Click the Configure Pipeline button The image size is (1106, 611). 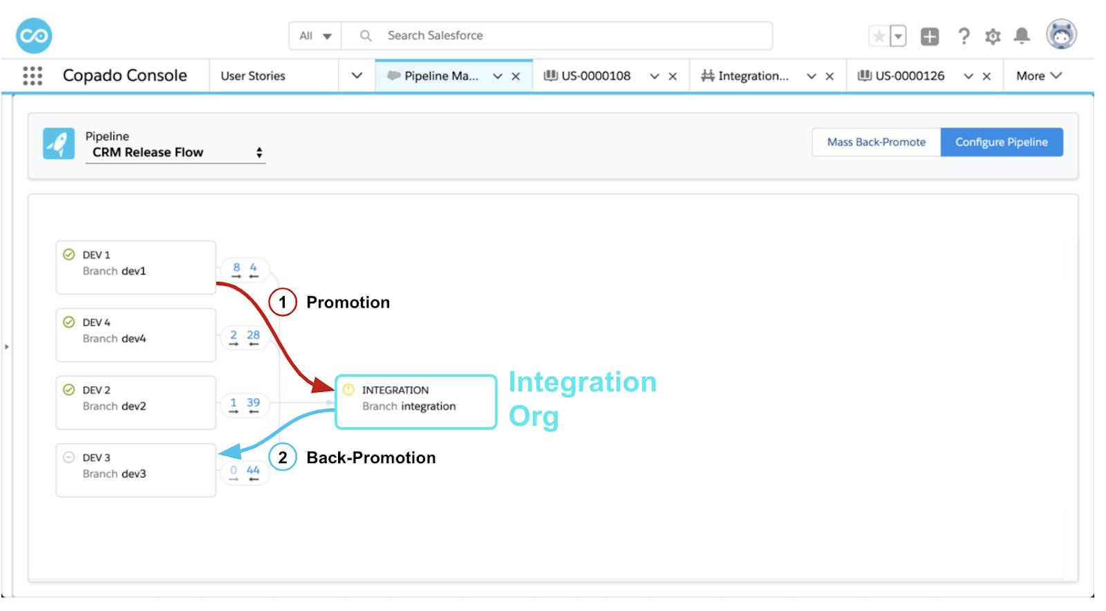pos(1001,142)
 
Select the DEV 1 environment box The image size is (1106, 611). pos(135,267)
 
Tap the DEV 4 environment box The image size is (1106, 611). pos(135,335)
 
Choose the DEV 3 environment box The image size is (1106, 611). pos(135,470)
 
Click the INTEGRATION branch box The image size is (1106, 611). pos(415,402)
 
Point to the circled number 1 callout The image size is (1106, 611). pos(282,303)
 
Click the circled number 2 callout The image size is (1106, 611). pos(282,458)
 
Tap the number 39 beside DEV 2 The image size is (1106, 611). pos(253,403)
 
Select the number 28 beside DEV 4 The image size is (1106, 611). pos(253,335)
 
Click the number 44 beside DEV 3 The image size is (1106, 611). pos(253,471)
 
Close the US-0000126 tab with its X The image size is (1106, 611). pos(986,77)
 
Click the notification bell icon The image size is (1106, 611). pos(1021,36)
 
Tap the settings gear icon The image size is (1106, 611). pos(993,37)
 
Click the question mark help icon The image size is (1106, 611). pos(964,36)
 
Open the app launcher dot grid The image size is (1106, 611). pos(32,76)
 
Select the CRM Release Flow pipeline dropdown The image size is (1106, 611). pos(175,153)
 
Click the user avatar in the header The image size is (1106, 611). pos(1060,35)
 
